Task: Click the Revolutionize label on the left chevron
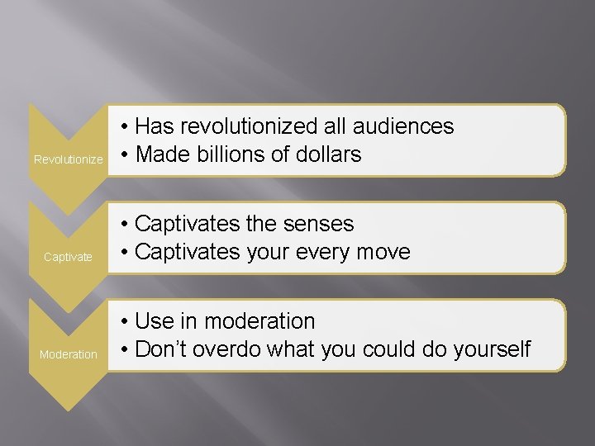pos(68,159)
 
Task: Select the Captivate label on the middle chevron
pos(68,257)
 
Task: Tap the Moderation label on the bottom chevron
pos(69,354)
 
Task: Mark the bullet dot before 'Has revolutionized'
pos(122,127)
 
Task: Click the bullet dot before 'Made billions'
pos(122,155)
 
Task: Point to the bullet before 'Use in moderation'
pos(122,322)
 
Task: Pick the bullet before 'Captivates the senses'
pos(122,225)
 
